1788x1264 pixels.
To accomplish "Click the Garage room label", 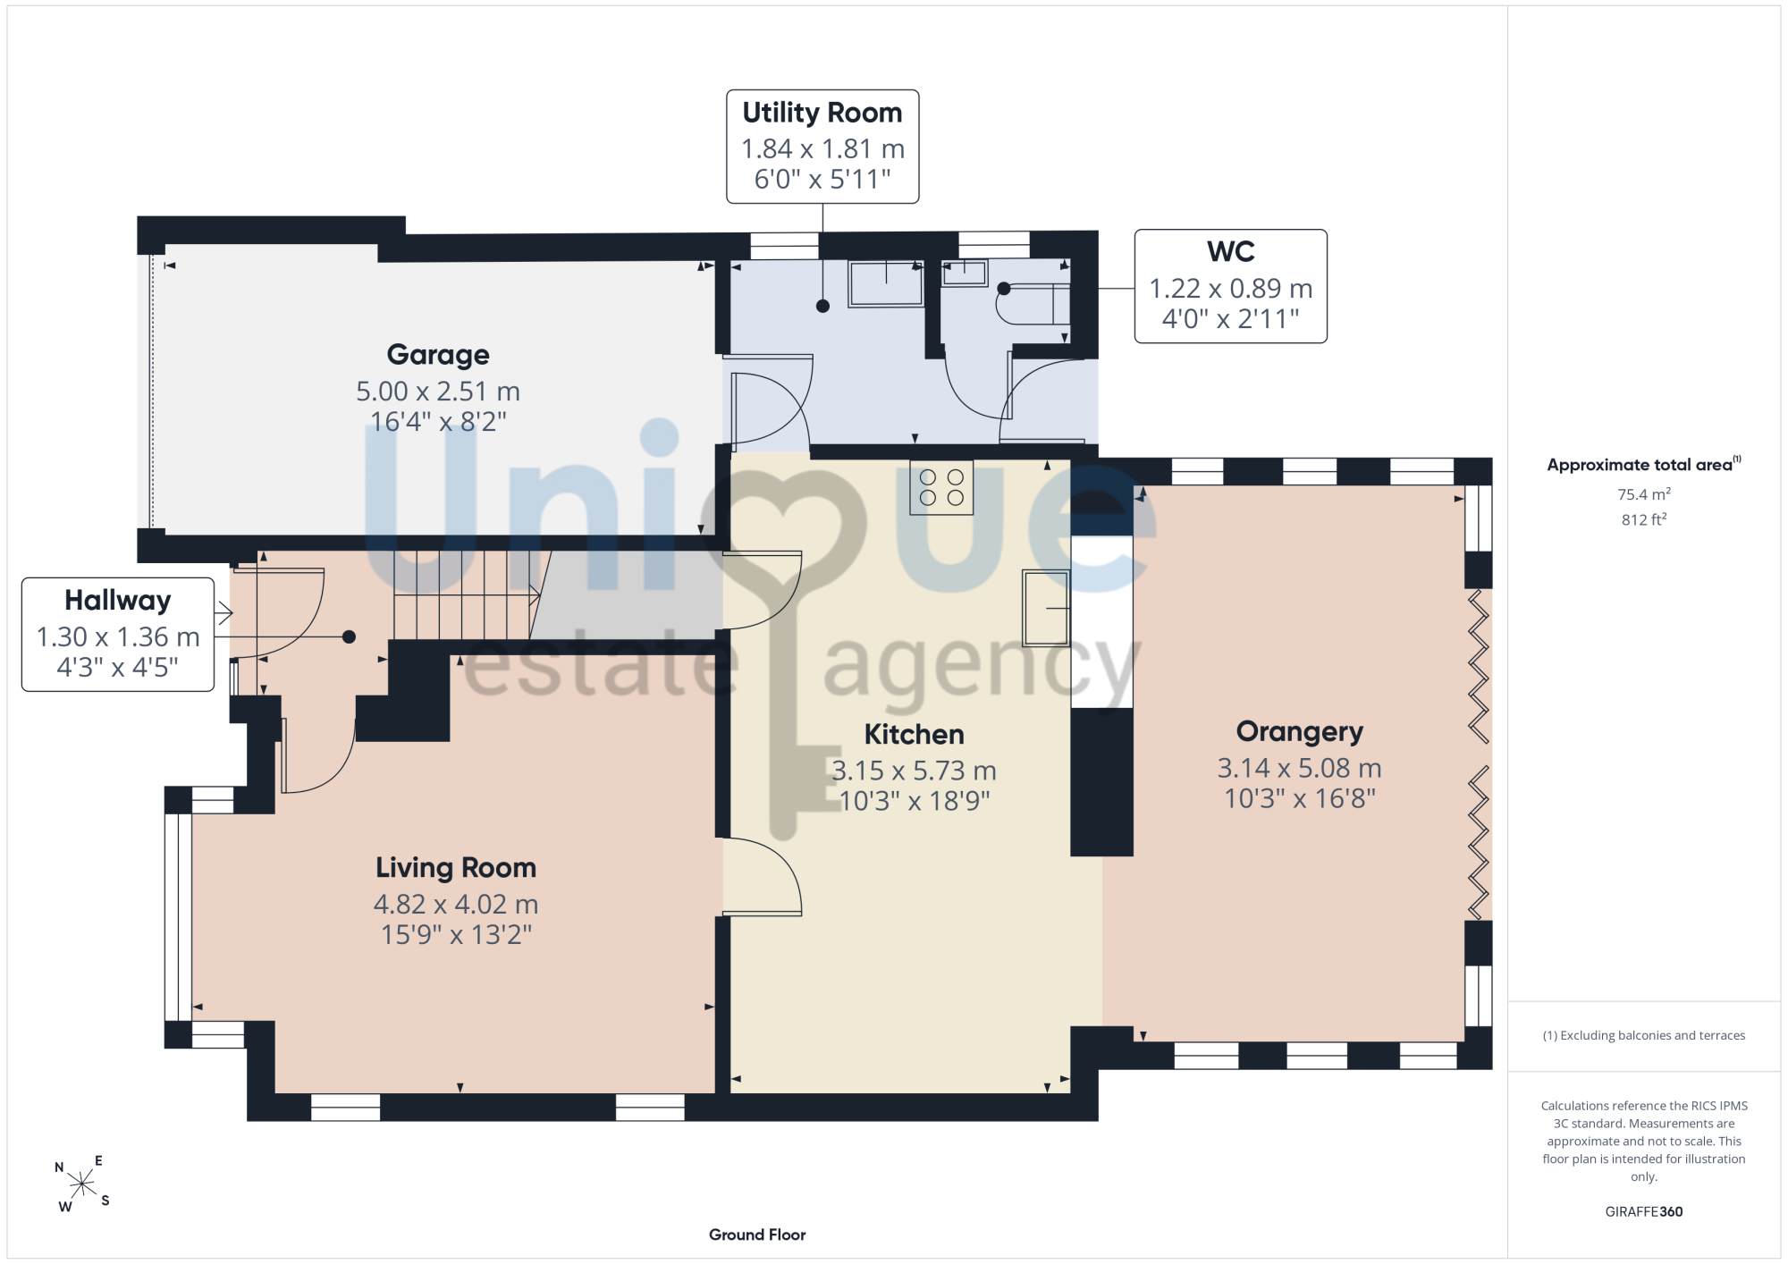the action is tap(438, 355).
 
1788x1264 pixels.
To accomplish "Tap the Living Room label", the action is tap(456, 867).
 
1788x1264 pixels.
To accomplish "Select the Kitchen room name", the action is tap(914, 734).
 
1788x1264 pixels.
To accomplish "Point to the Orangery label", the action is tap(1300, 732).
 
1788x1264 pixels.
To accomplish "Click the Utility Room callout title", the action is tap(822, 113).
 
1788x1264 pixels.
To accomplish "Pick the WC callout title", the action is tap(1231, 252).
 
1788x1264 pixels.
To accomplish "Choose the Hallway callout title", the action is tap(118, 601).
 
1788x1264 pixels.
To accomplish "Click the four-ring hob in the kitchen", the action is tap(941, 487).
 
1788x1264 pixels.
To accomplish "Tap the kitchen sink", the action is tap(1046, 608).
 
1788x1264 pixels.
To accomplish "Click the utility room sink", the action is tap(886, 283).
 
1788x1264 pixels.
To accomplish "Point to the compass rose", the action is tap(82, 1184).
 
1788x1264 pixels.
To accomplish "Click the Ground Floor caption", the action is tap(757, 1235).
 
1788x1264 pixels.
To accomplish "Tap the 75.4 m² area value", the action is tap(1644, 494).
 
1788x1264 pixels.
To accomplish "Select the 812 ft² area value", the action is tap(1644, 519).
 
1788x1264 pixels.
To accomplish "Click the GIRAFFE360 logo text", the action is tap(1644, 1212).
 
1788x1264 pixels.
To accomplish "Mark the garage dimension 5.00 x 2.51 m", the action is tap(438, 392).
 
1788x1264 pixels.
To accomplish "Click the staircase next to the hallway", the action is tap(467, 595).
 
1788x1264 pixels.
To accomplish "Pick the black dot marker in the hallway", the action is tap(350, 637).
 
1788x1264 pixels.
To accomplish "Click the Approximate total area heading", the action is tap(1644, 464).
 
